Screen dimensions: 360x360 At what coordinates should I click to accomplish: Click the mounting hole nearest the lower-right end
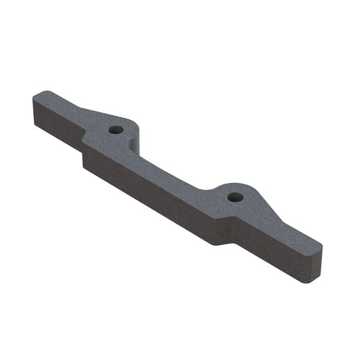coord(234,197)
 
